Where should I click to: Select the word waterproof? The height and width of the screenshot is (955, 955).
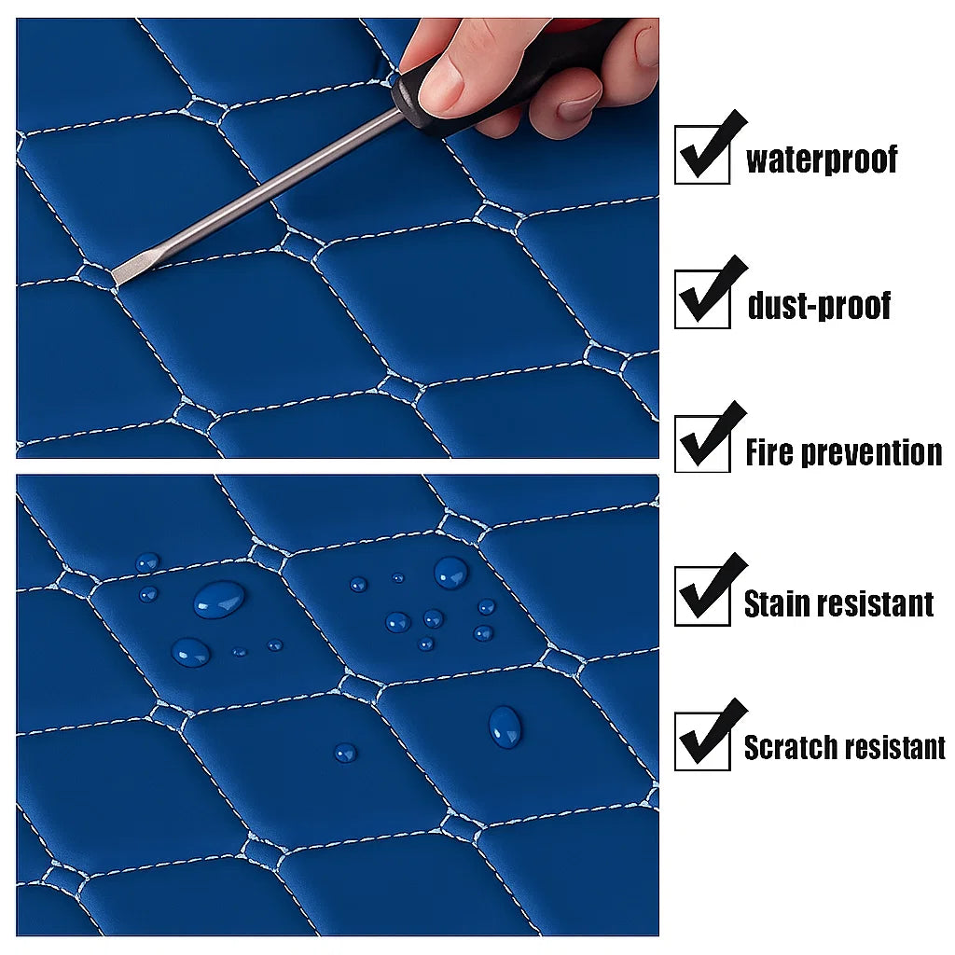point(822,159)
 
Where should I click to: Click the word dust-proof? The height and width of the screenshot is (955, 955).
point(819,305)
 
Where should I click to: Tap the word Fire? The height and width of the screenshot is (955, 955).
point(769,452)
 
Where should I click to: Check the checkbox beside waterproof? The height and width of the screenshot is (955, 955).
point(702,155)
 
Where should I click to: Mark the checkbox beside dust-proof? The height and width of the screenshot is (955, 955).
point(702,299)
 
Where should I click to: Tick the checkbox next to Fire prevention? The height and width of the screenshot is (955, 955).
point(702,444)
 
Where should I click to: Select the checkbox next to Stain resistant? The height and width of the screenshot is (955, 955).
point(702,596)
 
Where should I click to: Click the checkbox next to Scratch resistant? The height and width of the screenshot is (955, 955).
point(702,741)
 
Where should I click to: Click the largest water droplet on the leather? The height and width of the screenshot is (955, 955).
point(219,599)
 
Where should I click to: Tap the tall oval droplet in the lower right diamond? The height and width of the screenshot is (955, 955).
point(505,727)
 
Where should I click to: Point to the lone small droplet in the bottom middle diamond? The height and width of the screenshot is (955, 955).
point(345,753)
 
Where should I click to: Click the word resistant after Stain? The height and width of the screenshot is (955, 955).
point(876,604)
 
